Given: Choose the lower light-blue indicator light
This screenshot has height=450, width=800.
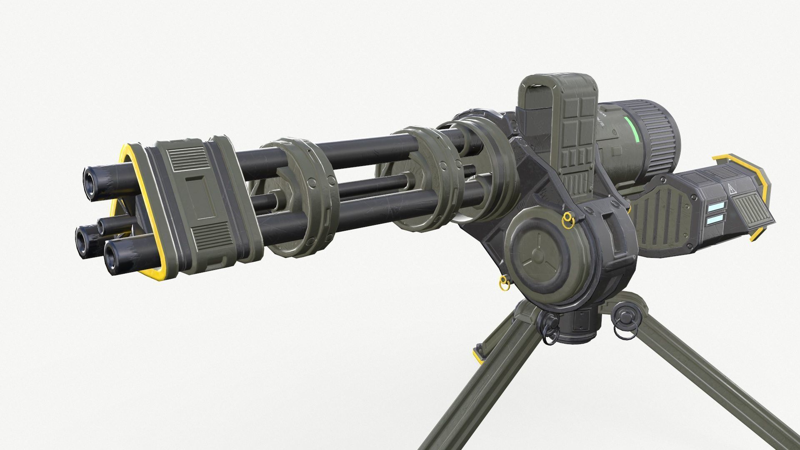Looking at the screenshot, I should (x=717, y=218).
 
